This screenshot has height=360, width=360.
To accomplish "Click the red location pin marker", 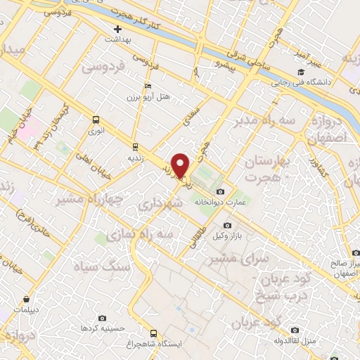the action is point(181,165).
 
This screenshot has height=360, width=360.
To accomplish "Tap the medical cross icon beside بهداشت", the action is point(118,30).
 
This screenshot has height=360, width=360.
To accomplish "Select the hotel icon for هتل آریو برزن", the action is point(147,85).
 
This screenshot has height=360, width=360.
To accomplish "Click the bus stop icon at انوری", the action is point(96,120).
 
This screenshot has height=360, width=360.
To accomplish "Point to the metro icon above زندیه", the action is point(134,146).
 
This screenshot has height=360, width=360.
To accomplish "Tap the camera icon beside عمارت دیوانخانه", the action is point(221,192).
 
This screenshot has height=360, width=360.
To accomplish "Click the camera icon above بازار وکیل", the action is point(226,225).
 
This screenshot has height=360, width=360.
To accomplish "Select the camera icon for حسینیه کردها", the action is point(103,319).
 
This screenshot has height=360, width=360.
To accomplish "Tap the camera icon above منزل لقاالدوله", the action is point(295,330).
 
